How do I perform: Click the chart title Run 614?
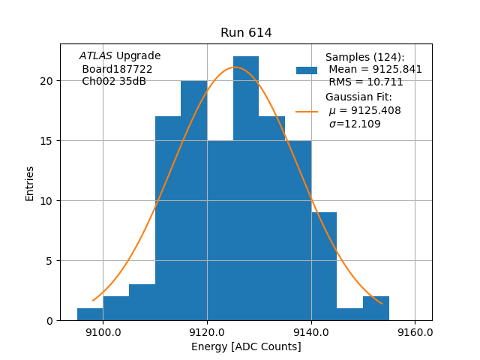coord(246,33)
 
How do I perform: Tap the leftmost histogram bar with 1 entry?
coord(90,314)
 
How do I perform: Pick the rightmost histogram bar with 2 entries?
coord(376,308)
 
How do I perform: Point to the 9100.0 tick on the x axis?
coord(103,332)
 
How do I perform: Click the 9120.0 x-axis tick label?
coord(207,332)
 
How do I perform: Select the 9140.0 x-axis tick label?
coord(311,332)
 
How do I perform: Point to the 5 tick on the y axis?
coord(51,261)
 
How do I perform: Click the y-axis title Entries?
coord(30,183)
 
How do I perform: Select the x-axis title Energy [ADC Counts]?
coord(246,346)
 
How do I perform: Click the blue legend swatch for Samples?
coord(307,70)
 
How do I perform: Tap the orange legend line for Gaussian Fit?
coord(307,111)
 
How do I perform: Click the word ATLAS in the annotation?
coord(96,56)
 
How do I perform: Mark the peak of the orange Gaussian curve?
coord(235,67)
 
